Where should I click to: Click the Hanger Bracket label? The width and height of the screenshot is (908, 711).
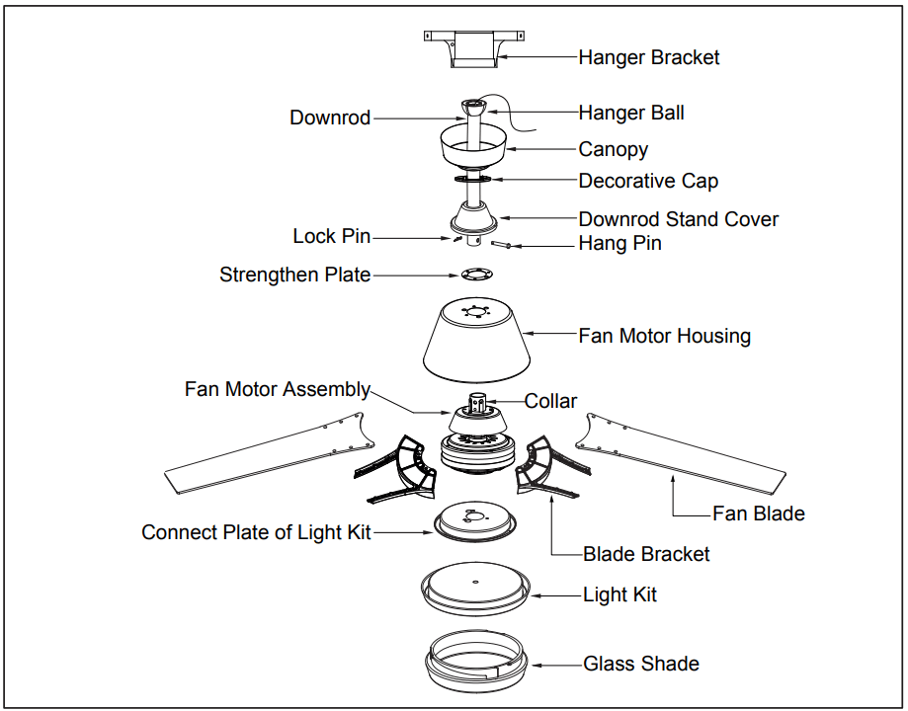point(648,57)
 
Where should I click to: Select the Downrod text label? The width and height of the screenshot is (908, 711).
point(330,118)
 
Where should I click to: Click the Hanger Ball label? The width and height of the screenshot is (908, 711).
point(630,113)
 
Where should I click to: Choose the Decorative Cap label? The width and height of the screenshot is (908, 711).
point(648,181)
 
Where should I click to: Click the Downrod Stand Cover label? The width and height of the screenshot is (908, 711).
point(678,219)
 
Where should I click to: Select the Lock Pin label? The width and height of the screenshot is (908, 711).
point(331,237)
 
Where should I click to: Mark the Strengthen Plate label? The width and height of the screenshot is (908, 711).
point(294,275)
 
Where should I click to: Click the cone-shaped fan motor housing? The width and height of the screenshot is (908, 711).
point(474,341)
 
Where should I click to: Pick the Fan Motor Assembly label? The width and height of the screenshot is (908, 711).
point(277,389)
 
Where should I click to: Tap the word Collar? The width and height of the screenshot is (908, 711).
point(550,401)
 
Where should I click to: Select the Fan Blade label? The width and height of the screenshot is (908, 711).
point(758,513)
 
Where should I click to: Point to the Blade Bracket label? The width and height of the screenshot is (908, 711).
point(646,554)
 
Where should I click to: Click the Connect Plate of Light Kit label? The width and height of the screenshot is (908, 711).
point(256,532)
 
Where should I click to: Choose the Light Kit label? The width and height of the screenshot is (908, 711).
point(619,594)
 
